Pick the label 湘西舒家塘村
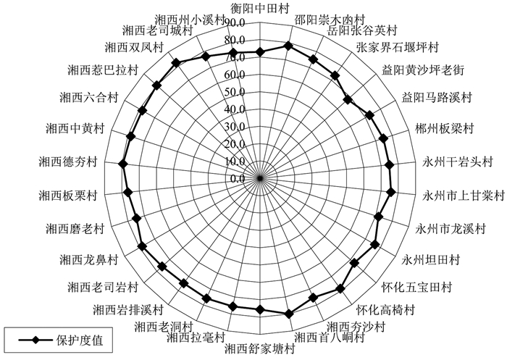[259, 348]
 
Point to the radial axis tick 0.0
[237, 178]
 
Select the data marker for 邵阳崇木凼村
[288, 46]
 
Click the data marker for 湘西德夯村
[122, 163]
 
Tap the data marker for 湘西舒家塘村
[260, 310]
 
